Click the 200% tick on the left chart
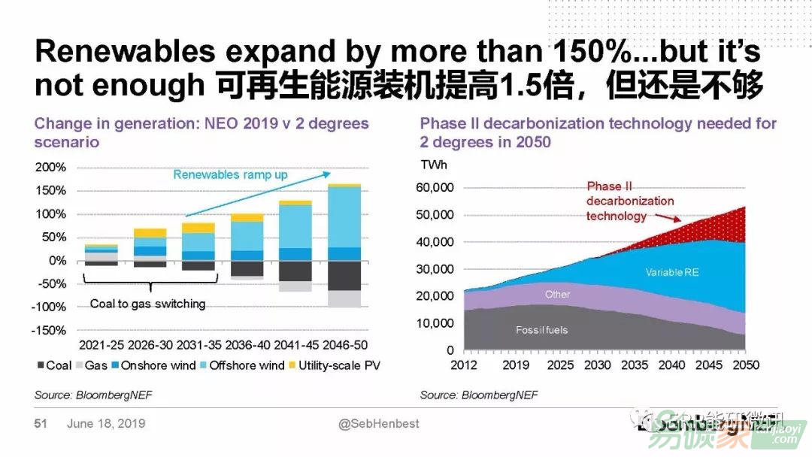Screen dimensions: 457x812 point(50,167)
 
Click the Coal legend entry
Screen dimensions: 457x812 point(55,365)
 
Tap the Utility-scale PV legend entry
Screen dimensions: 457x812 point(332,365)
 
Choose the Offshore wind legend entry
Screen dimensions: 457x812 point(240,365)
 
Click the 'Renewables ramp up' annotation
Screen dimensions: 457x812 point(230,174)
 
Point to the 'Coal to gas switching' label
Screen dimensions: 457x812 point(147,304)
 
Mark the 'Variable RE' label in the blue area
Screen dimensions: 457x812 point(672,272)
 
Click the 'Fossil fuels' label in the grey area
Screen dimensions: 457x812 point(541,330)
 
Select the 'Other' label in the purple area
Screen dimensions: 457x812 point(557,294)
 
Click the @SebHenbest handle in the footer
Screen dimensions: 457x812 point(379,424)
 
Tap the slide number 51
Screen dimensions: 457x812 point(41,424)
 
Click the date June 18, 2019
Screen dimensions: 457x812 point(106,424)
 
